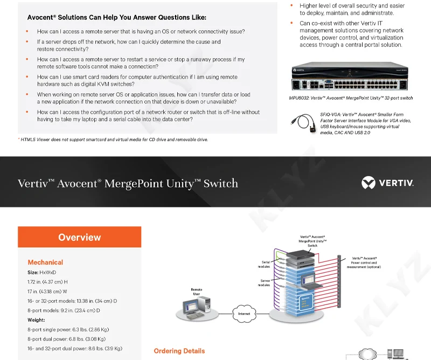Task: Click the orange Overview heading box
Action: pyautogui.click(x=79, y=237)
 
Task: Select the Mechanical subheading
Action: pyautogui.click(x=45, y=262)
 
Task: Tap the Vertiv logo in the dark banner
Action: pyautogui.click(x=387, y=183)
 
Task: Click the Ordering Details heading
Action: pyautogui.click(x=179, y=351)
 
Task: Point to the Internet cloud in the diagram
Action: pyautogui.click(x=244, y=313)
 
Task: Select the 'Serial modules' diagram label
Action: pyautogui.click(x=263, y=265)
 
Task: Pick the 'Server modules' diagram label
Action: pyautogui.click(x=263, y=283)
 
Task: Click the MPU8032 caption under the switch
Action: pyautogui.click(x=351, y=98)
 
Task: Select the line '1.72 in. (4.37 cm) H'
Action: pyautogui.click(x=47, y=282)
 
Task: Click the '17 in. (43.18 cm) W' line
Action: pyautogui.click(x=47, y=292)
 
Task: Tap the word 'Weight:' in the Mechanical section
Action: pyautogui.click(x=36, y=320)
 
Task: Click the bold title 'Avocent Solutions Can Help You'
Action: pyautogui.click(x=116, y=17)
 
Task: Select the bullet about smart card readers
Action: pyautogui.click(x=137, y=81)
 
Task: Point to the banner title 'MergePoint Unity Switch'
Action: pyautogui.click(x=128, y=183)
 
